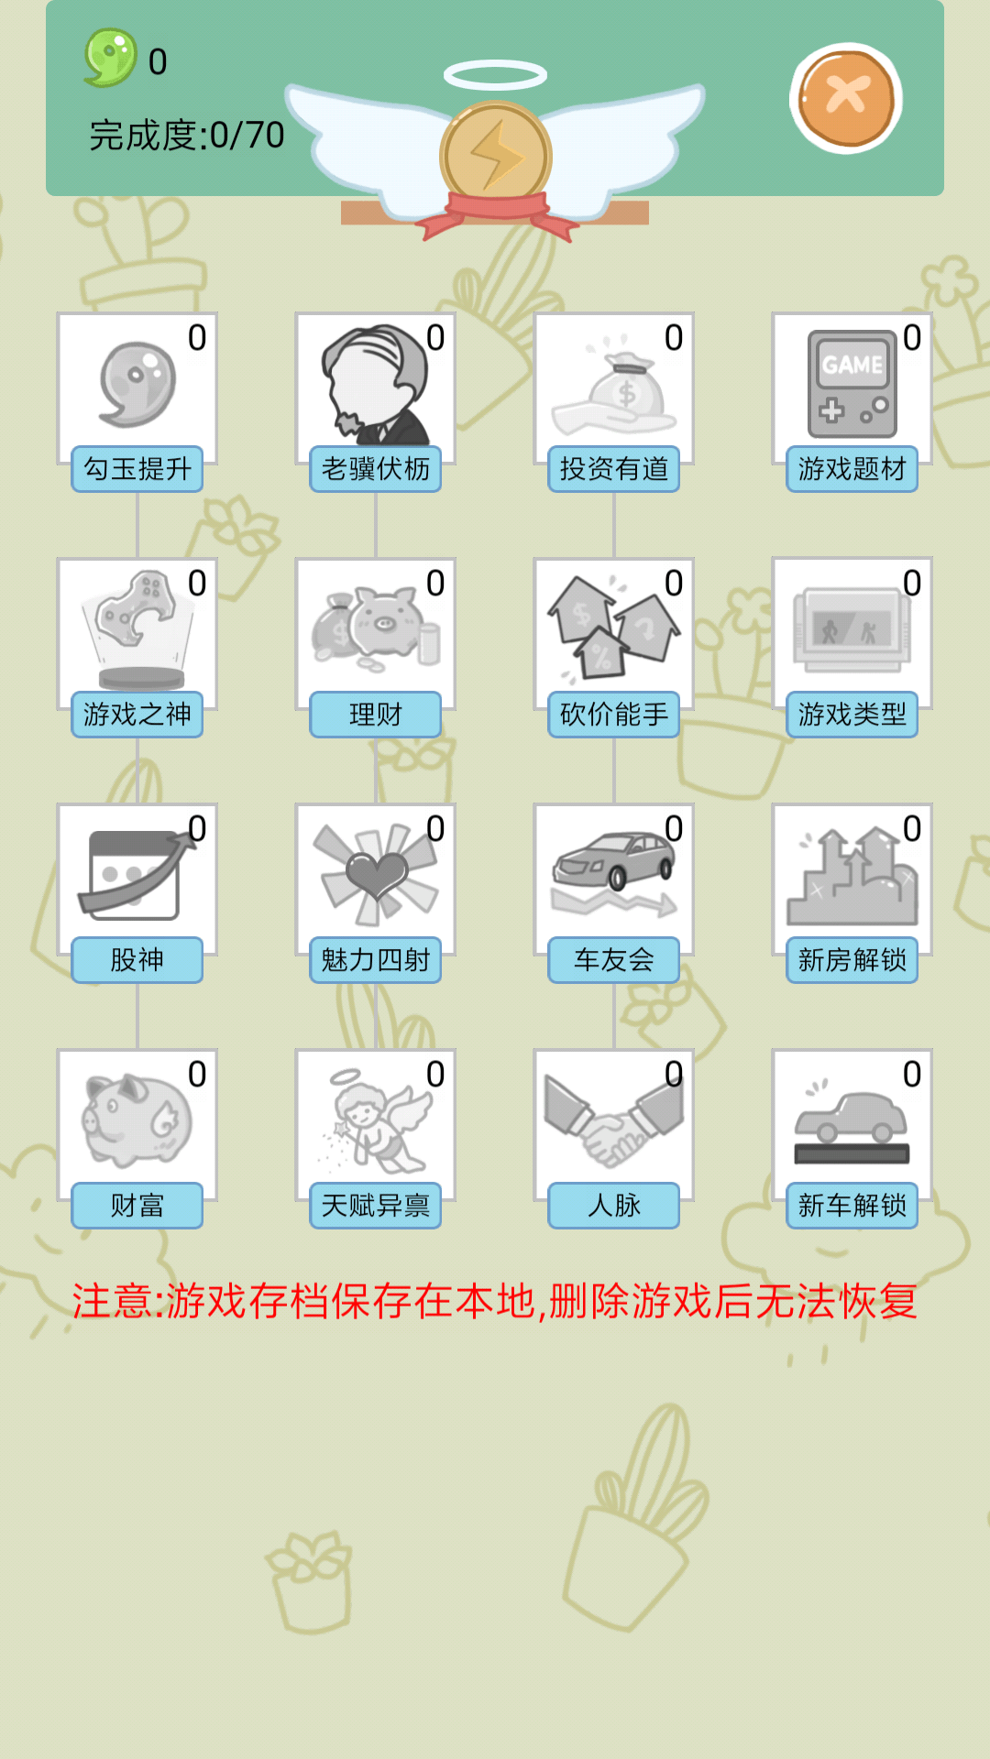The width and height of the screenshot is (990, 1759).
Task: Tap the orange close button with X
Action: coord(845,97)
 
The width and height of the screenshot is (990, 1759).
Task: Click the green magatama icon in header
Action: coord(111,58)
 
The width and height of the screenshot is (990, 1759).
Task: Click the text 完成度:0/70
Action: coord(187,136)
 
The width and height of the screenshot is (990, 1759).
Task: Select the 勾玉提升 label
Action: coord(137,469)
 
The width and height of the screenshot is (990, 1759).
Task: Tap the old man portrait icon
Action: coord(375,385)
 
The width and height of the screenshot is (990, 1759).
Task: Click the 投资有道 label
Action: coord(614,469)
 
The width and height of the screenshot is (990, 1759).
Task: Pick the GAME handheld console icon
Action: coord(852,384)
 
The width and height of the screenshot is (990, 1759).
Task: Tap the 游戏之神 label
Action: coord(137,715)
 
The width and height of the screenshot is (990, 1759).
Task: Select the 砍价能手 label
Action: coord(614,715)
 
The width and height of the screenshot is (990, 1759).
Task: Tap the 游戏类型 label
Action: coord(852,715)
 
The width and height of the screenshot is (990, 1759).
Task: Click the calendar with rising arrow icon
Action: coord(136,875)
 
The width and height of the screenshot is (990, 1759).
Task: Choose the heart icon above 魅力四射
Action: coord(375,875)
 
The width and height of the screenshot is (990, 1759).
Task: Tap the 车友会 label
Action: coord(614,960)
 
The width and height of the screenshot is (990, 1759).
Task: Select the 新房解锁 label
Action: coord(852,960)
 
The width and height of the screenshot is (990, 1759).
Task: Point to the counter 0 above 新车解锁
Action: coord(911,1075)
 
